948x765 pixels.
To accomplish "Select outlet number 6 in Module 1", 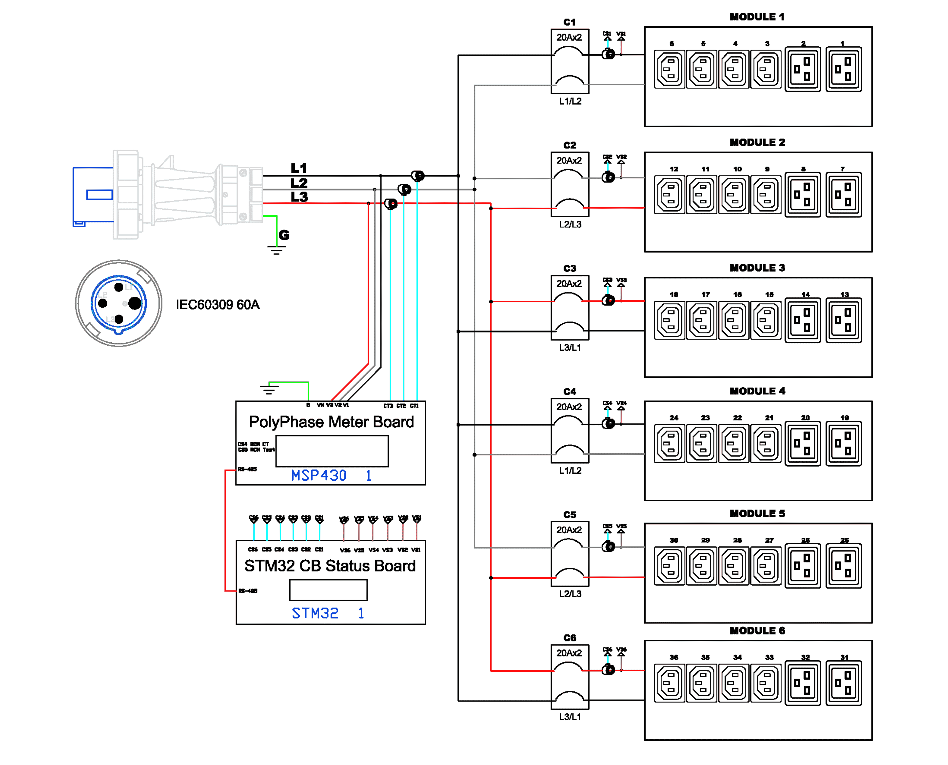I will tap(670, 69).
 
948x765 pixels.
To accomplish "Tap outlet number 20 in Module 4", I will tap(803, 443).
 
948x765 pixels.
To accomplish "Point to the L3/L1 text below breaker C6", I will tap(570, 717).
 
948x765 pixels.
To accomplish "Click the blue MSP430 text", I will tap(319, 475).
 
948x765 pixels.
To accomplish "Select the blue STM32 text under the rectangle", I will tap(315, 613).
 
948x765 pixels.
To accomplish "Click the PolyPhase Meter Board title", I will tap(331, 422).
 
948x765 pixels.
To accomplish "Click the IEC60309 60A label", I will tap(218, 305).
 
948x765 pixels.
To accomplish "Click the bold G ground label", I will tap(284, 235).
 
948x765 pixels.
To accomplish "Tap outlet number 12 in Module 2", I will tap(670, 194).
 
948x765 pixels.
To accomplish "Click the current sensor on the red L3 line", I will tap(391, 204).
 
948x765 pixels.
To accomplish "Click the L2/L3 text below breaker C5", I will tap(570, 594).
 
